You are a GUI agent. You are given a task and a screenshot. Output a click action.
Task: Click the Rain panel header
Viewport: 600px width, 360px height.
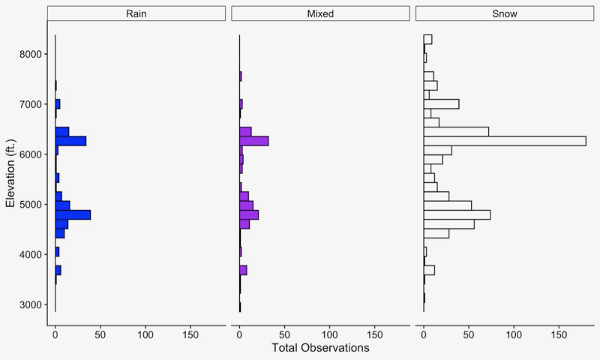136,14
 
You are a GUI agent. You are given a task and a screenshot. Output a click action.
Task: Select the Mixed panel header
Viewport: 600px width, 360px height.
320,14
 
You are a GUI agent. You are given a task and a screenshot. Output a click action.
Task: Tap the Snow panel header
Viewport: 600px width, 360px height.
505,14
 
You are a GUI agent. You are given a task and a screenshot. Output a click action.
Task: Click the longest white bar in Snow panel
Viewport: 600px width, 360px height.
504,141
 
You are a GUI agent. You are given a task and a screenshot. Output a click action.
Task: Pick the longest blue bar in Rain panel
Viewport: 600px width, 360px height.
73,214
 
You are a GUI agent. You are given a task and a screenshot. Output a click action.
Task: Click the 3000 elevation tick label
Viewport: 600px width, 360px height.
29,304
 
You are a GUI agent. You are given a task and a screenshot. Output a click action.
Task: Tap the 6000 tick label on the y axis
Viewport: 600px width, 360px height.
29,154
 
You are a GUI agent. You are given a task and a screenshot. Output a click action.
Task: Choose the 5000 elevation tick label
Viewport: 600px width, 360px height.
29,205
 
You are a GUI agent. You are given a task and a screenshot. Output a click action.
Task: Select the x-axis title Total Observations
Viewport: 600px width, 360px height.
320,349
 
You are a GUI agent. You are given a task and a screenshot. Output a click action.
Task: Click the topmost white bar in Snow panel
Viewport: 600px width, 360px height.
427,39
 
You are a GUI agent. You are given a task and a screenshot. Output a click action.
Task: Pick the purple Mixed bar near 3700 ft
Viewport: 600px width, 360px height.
243,270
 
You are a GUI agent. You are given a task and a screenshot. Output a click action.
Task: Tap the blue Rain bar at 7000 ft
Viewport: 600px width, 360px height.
58,103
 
